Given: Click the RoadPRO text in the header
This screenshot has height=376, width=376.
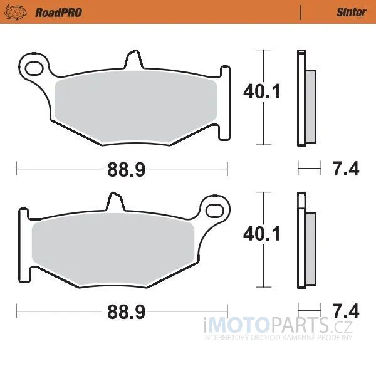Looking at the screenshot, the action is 58,13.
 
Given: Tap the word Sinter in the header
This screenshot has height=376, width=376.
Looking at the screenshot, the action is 351,13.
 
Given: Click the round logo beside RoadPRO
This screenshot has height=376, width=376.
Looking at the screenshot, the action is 15,12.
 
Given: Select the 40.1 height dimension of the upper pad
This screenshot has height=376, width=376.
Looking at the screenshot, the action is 261,91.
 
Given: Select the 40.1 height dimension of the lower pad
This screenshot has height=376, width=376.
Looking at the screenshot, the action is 261,234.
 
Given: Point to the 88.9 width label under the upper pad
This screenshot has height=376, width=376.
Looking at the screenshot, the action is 127,170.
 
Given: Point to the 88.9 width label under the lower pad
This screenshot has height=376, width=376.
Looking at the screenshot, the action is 127,311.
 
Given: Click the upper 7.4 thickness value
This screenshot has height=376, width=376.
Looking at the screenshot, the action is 345,169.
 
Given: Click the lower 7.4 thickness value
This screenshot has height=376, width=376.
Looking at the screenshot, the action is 345,311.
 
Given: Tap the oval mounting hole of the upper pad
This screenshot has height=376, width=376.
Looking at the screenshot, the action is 34,68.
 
